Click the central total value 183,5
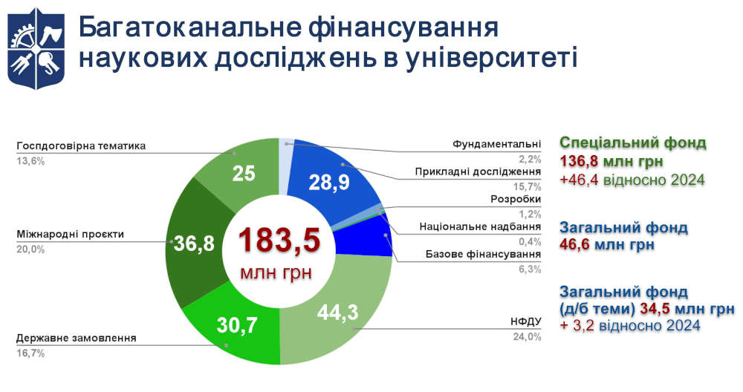(x=279, y=241)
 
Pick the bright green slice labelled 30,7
(x=237, y=324)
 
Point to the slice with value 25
(x=244, y=174)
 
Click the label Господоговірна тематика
(x=81, y=146)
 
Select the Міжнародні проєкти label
(x=70, y=235)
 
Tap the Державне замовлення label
(x=76, y=338)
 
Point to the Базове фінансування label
(x=483, y=255)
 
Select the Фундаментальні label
(x=497, y=143)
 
